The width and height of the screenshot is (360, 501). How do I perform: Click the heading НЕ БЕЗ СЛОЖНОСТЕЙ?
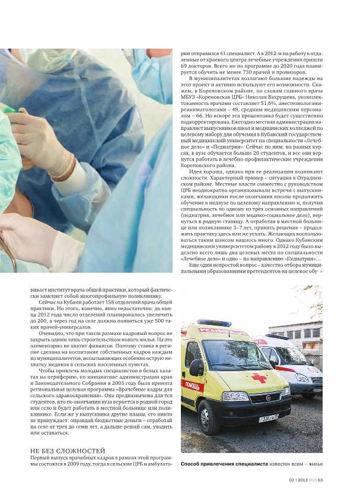click(67, 451)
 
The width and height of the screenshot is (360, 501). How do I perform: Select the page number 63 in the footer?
click(320, 481)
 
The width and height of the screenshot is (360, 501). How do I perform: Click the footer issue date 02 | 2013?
click(298, 481)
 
